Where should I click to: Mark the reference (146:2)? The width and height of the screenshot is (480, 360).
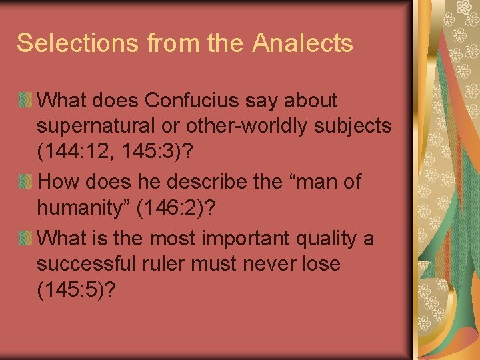tap(173, 209)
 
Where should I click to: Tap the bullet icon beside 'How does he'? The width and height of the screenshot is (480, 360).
tap(25, 182)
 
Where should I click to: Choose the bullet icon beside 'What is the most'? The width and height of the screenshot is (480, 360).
tap(25, 238)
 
